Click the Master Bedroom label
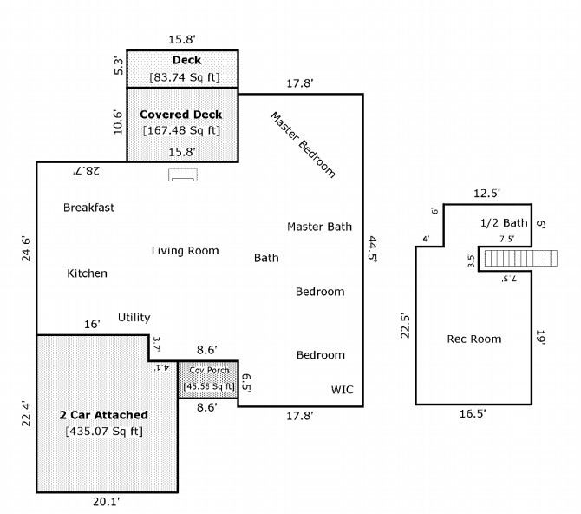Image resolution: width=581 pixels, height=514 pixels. [304, 145]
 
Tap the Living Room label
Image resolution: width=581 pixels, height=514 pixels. [185, 251]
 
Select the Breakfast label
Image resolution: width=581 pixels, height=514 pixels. [89, 208]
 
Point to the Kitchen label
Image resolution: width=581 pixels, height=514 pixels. [87, 273]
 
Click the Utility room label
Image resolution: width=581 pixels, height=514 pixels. [134, 318]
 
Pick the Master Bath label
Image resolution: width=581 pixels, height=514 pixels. [319, 227]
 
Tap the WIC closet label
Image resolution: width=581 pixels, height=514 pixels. [342, 390]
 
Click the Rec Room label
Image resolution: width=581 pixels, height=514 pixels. [474, 339]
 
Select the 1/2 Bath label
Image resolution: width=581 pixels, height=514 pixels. [504, 222]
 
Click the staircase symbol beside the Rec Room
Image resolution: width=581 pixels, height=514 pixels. [520, 258]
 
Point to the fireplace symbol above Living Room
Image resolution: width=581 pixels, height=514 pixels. [183, 175]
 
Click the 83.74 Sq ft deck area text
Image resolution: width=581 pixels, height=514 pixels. [185, 77]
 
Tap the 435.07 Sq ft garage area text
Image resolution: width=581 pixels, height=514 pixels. [104, 432]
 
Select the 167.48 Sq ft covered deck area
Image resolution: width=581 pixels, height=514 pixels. [181, 130]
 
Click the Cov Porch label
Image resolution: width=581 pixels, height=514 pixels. [209, 371]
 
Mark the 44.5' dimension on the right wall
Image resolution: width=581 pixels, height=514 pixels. [372, 249]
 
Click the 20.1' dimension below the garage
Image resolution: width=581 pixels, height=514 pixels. [107, 502]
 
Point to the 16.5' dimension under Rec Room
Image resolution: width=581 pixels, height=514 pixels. [473, 414]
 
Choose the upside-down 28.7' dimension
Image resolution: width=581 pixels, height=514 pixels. [86, 171]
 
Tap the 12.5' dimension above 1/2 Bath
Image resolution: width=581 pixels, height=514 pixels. [486, 194]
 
